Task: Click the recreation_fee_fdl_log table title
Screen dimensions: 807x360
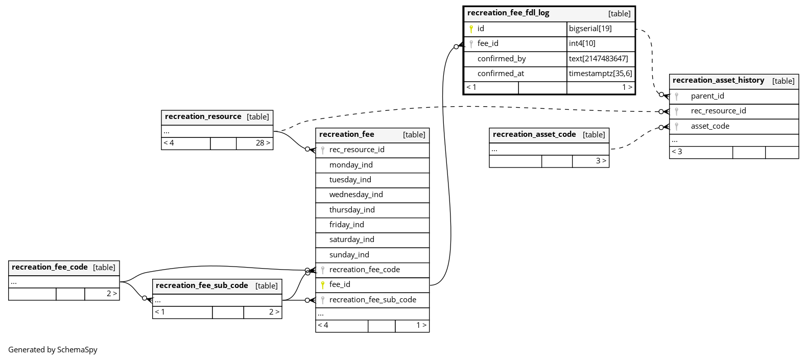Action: (x=508, y=13)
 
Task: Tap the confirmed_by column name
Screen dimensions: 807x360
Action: (x=502, y=58)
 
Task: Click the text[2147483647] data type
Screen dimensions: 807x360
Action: (x=599, y=58)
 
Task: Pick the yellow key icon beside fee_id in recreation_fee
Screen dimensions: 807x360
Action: (x=323, y=285)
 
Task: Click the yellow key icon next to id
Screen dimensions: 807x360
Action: (x=471, y=29)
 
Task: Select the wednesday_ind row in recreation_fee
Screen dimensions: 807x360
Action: (x=372, y=195)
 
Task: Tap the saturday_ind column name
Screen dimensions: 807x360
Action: (x=351, y=239)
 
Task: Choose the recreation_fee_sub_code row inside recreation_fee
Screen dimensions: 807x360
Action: (x=372, y=300)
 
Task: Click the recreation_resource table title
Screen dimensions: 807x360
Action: (x=203, y=116)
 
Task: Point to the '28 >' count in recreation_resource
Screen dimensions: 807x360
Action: (x=263, y=143)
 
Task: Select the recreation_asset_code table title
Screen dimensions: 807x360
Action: (x=534, y=134)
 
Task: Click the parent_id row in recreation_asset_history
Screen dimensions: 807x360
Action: (x=734, y=96)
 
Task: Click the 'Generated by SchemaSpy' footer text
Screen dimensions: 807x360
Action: (x=53, y=350)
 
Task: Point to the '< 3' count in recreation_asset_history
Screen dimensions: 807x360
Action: (x=677, y=152)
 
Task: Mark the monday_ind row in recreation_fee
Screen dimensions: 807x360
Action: (x=372, y=165)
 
